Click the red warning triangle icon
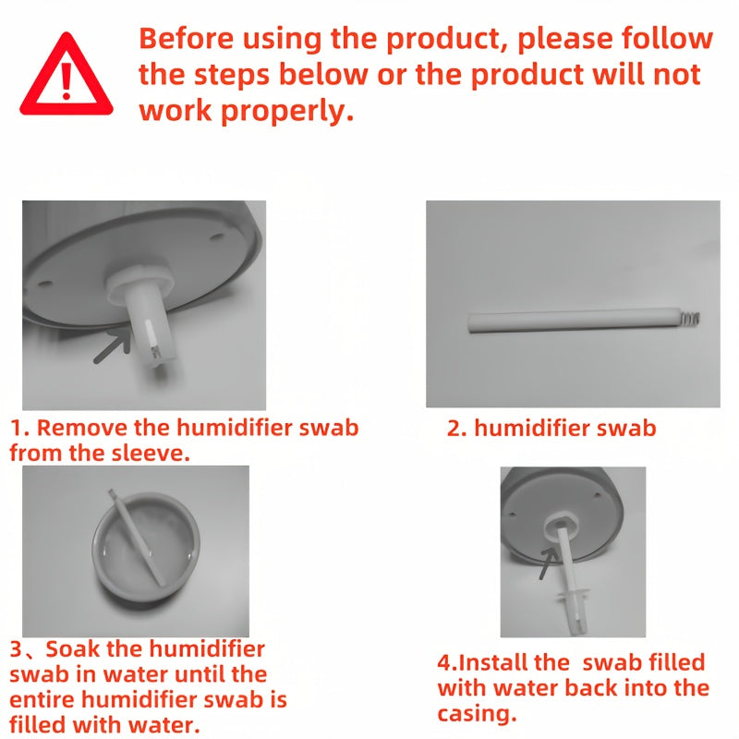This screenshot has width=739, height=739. pos(67,75)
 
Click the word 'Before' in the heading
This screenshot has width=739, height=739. pos(187,38)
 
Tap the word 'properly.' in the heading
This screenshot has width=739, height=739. pos(287,112)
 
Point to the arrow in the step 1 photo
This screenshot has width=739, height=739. pos(113,345)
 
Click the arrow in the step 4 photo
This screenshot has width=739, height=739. pos(548,563)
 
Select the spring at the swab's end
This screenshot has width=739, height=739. pos(690,318)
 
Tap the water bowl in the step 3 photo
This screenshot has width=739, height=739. pos(146,547)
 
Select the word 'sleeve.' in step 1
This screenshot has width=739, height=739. pos(151,453)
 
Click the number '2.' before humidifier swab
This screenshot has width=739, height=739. pos(456,429)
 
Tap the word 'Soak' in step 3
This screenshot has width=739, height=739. pos(73,649)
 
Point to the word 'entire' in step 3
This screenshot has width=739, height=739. pos(42,699)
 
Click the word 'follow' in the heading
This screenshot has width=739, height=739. pos(667,38)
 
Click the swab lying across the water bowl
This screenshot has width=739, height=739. pos(136,538)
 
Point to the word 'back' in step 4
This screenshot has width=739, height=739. pos(591,687)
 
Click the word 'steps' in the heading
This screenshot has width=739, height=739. pos(232,75)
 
